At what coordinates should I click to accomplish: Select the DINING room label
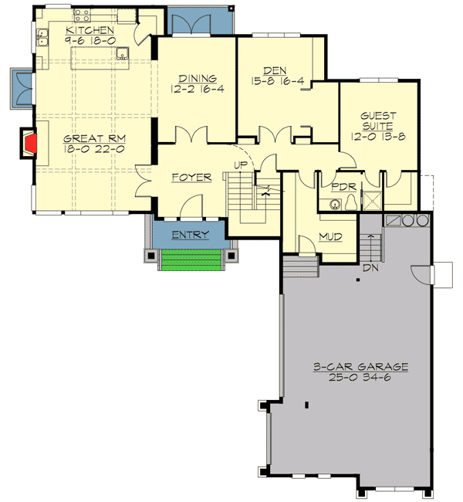coord(196,78)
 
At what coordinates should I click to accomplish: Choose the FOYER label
coord(191,178)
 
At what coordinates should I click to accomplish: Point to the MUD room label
coord(332,237)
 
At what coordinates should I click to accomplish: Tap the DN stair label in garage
coord(372,270)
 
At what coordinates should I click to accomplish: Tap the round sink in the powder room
coord(334,205)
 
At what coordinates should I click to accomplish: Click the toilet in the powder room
coord(350,202)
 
